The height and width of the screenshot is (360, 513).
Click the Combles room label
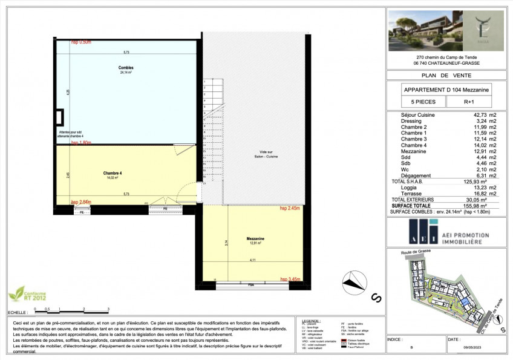(126, 68)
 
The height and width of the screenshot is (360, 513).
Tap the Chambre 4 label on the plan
(113, 174)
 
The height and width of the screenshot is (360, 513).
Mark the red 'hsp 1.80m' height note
(81, 143)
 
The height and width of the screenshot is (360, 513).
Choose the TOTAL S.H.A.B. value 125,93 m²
(480, 182)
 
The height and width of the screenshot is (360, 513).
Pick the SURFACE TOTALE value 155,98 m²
(480, 206)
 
